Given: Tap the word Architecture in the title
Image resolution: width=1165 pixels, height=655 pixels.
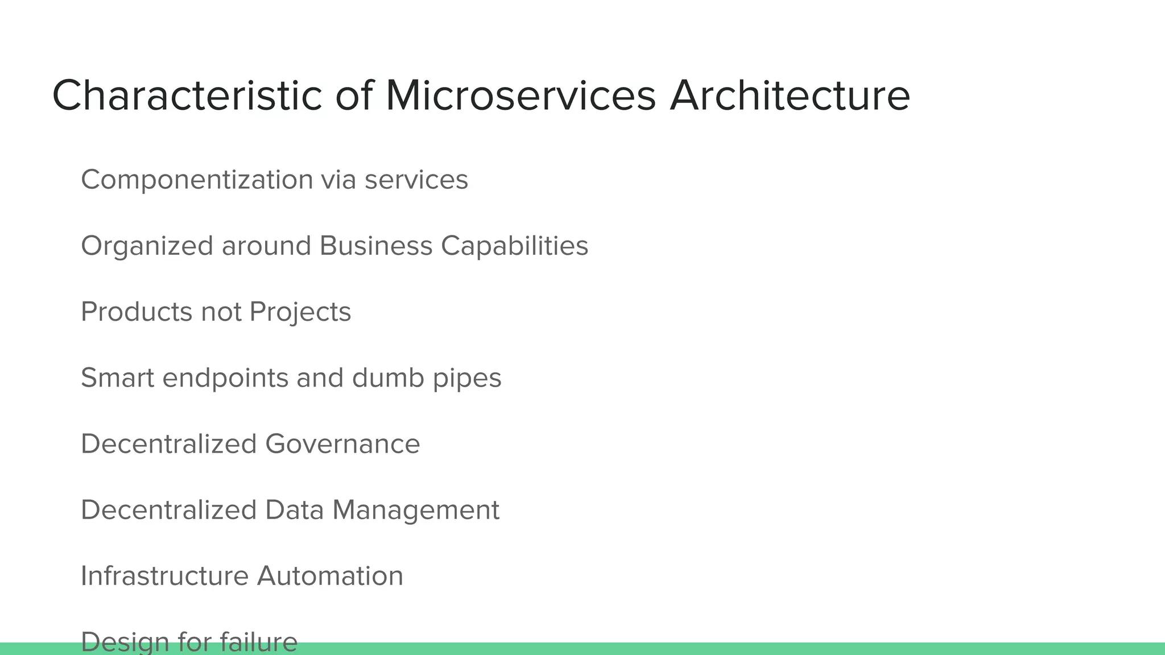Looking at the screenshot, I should [790, 96].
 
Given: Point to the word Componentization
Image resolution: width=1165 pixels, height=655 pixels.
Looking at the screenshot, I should [197, 180].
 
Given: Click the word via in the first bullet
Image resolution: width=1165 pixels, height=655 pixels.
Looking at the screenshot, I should [338, 180].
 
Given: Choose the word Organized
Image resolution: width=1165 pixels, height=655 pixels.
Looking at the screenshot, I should [147, 246].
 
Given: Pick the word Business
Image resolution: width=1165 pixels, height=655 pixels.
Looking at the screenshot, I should [376, 246].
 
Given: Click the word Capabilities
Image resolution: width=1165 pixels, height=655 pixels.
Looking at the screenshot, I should [514, 246].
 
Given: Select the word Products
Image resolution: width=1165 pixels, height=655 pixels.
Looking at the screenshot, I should [137, 312].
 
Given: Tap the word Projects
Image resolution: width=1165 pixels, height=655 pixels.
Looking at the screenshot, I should [300, 312].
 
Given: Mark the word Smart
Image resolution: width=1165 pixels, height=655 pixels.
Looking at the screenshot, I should [118, 378].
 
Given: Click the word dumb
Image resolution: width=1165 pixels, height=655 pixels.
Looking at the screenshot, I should [388, 378].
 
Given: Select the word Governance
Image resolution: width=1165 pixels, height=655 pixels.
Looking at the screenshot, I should [342, 443].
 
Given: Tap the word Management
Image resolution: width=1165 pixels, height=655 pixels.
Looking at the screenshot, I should [416, 510].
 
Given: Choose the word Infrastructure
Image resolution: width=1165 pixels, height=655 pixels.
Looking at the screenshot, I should [164, 575].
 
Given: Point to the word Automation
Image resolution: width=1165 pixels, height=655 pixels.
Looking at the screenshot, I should [330, 575].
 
